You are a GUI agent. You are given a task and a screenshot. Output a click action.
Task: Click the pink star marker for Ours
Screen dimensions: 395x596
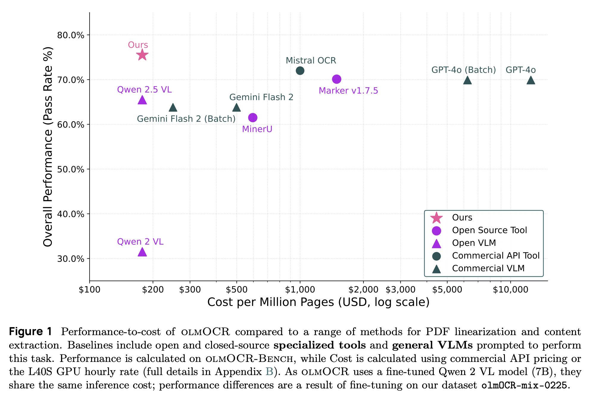[142, 55]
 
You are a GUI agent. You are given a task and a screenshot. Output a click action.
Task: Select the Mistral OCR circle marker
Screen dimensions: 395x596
[300, 71]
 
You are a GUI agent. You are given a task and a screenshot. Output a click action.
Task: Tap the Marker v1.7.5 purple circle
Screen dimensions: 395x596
[337, 79]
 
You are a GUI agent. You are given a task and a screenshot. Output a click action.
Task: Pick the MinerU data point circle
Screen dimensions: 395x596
[253, 118]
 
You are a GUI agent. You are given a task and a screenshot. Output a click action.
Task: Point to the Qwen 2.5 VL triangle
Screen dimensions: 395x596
[142, 100]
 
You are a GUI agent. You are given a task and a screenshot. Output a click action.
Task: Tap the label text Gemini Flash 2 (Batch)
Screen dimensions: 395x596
[186, 119]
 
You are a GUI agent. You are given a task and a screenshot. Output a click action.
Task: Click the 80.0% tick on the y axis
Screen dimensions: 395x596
[71, 35]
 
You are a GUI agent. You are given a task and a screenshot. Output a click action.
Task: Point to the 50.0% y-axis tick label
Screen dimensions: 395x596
[71, 169]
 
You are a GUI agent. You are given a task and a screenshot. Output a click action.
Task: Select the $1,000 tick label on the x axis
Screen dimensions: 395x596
[300, 290]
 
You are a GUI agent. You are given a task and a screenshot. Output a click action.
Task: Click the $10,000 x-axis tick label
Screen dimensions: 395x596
[510, 290]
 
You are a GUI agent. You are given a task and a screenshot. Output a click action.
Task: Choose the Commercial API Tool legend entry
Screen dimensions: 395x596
[496, 256]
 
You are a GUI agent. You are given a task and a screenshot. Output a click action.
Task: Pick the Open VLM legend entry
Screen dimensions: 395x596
[474, 243]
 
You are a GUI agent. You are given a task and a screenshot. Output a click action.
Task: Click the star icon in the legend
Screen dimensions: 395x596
[436, 218]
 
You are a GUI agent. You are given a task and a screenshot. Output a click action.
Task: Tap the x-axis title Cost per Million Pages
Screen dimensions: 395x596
[318, 302]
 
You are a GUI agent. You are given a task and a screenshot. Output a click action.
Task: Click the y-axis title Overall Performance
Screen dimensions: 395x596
[48, 147]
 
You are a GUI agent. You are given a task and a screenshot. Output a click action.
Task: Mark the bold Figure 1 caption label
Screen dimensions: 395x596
[31, 332]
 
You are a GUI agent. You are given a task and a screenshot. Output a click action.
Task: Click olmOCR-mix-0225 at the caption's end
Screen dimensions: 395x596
[524, 385]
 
